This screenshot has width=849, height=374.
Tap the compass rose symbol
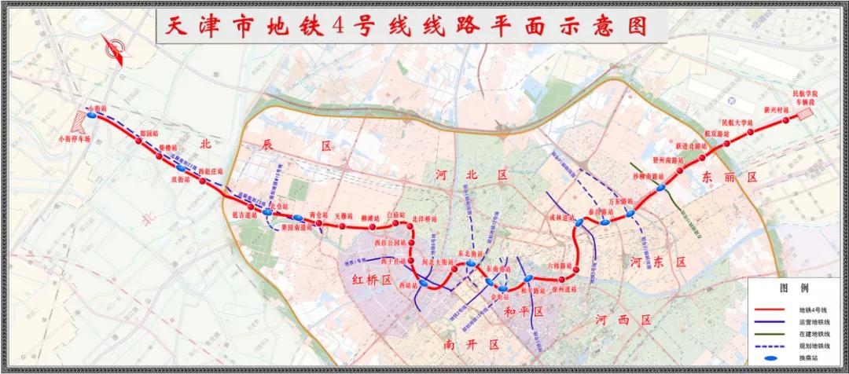tap(115, 52)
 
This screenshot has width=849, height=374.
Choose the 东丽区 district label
tap(730, 178)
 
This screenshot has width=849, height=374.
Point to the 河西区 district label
tap(623, 320)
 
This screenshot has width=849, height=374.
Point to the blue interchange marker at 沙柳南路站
tap(661, 187)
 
